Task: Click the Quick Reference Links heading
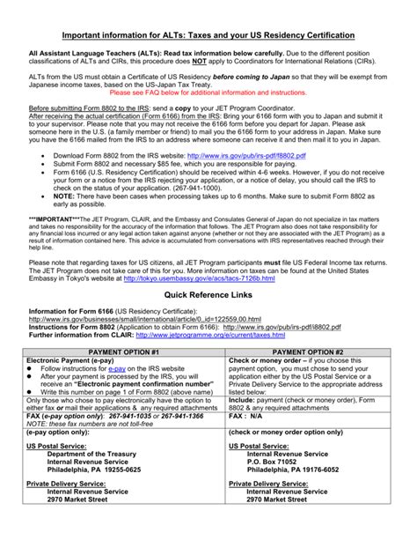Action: tap(208, 294)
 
